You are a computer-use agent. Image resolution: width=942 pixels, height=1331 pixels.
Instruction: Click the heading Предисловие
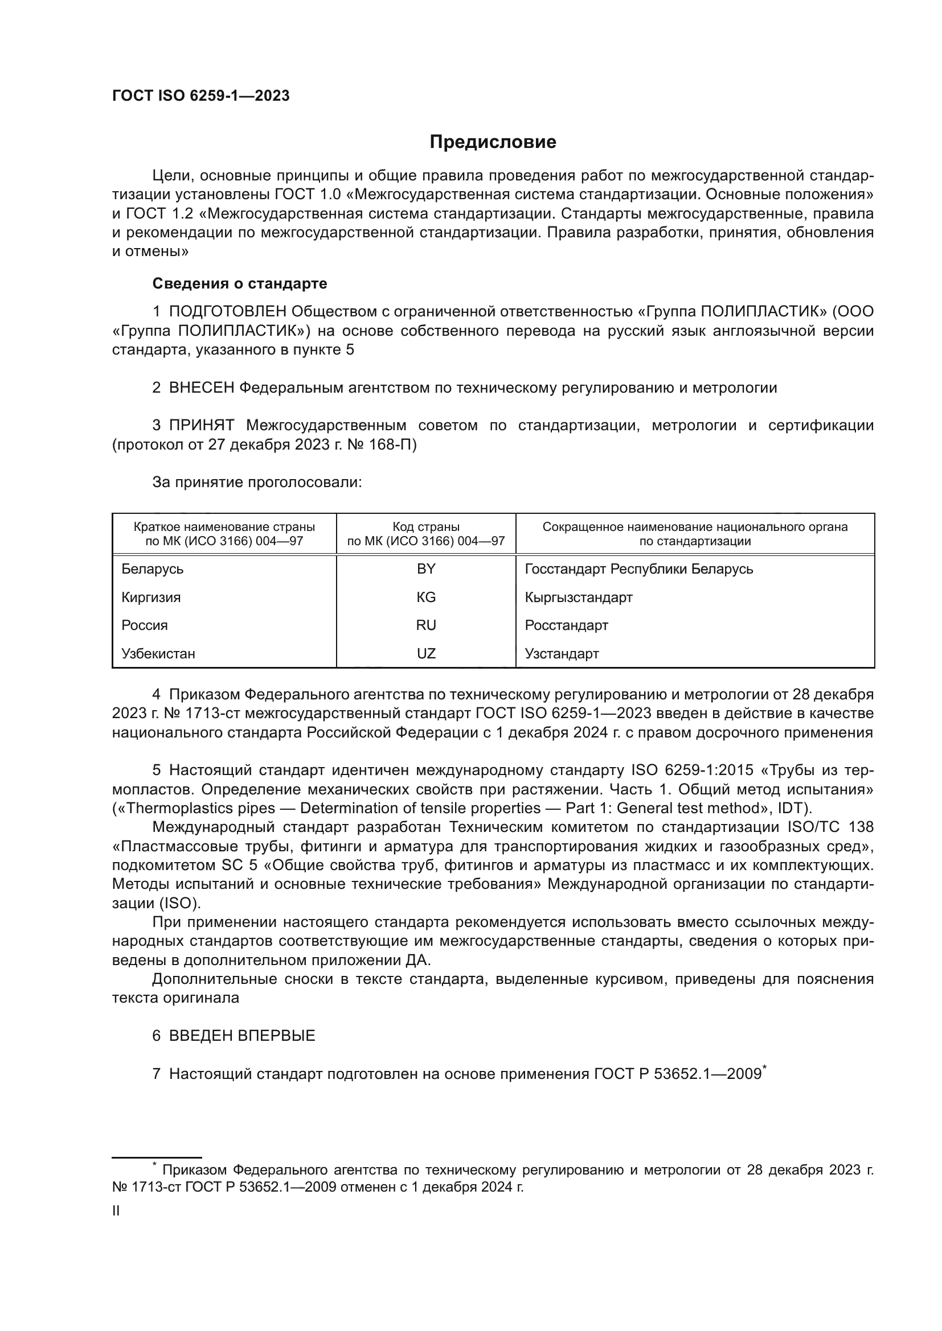pos(493,142)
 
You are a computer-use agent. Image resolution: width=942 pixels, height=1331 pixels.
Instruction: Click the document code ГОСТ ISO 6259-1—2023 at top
pos(200,96)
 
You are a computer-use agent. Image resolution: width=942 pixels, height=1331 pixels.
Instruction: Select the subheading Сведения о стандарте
pos(240,283)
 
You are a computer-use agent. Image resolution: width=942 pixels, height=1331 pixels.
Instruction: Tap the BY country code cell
pos(426,568)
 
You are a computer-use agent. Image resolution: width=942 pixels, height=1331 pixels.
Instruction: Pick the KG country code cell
pos(426,597)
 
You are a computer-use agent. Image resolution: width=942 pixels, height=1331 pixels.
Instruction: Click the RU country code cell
pos(426,625)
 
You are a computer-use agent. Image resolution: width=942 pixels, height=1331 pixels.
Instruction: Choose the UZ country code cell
pos(426,653)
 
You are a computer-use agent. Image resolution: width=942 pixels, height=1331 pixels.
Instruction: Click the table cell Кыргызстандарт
pos(578,597)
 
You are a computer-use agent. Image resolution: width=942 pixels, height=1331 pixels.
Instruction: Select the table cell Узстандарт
pos(562,653)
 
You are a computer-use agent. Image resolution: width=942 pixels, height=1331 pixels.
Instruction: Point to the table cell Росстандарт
pos(566,625)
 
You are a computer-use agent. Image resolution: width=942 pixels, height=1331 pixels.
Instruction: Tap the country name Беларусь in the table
pos(153,568)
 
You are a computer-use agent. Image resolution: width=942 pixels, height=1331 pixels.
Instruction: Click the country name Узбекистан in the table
pos(158,653)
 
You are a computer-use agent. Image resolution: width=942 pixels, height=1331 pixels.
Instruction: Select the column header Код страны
pos(426,527)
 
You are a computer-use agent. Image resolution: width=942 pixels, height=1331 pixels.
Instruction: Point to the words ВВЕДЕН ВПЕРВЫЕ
pos(242,1035)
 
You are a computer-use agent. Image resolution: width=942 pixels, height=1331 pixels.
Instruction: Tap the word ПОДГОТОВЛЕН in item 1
pos(227,312)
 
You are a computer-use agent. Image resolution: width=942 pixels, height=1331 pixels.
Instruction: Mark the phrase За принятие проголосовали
pos(257,483)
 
